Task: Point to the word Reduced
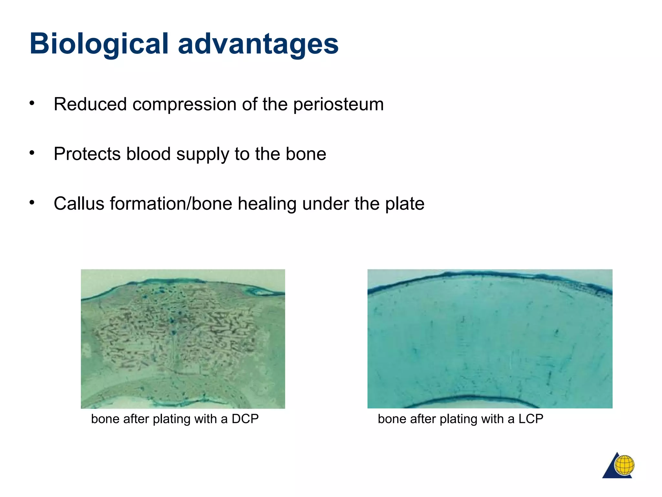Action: click(x=90, y=105)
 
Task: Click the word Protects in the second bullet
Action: click(x=87, y=154)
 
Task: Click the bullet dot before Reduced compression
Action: click(x=32, y=103)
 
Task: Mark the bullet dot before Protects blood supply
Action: click(x=32, y=153)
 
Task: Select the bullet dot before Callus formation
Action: click(x=32, y=203)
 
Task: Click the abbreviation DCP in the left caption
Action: click(x=245, y=419)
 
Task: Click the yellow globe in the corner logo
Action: click(x=624, y=465)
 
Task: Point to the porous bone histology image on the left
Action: click(x=183, y=339)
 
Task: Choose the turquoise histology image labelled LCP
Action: click(x=490, y=339)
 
